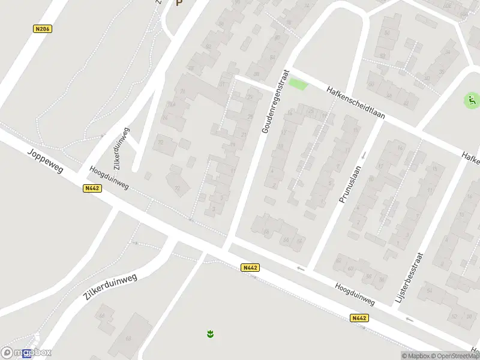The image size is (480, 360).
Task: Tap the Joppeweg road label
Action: [44, 160]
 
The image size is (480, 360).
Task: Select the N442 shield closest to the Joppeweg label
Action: [92, 188]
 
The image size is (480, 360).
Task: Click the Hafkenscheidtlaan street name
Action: [355, 102]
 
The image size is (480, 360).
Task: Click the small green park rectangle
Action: [298, 85]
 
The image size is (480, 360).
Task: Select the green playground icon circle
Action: [472, 101]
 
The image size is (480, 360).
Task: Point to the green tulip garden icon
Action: [210, 333]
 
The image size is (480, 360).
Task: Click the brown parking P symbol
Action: [178, 2]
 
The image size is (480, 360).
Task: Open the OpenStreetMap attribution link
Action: [453, 356]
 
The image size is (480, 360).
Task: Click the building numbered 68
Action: [128, 338]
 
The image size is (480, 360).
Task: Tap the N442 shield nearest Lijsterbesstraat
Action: [359, 318]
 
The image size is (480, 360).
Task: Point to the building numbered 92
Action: [208, 46]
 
